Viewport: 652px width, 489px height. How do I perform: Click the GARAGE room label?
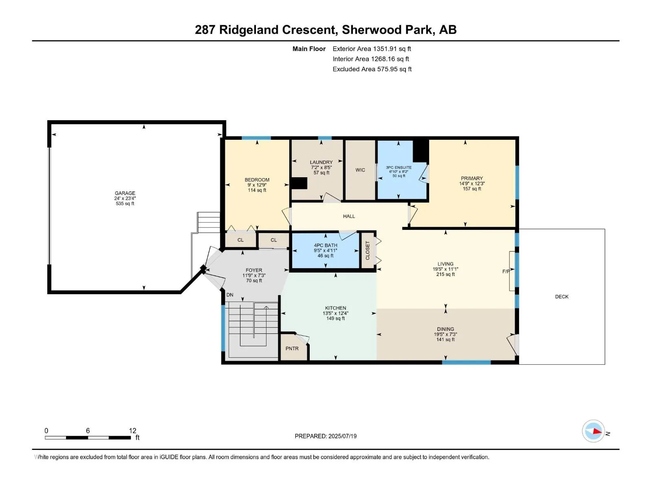click(x=125, y=193)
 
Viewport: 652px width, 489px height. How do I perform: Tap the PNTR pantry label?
click(x=292, y=348)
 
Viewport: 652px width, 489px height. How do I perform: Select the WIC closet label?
click(x=360, y=170)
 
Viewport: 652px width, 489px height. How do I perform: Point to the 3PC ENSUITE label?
click(x=399, y=167)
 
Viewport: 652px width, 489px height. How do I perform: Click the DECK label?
click(x=562, y=296)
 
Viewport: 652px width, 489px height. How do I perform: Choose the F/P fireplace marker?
click(x=506, y=271)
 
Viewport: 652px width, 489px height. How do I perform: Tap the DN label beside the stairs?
click(x=229, y=295)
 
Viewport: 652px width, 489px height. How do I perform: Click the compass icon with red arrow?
click(x=593, y=431)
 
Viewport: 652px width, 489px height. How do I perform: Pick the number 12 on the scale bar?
click(x=132, y=430)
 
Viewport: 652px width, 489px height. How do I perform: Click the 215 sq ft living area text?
click(x=445, y=274)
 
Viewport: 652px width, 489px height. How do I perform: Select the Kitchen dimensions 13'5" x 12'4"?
click(x=335, y=313)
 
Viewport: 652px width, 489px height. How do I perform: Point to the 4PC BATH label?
click(x=326, y=245)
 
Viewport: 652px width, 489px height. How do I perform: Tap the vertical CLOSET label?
click(x=368, y=250)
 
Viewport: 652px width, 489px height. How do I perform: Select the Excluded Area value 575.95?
click(x=388, y=69)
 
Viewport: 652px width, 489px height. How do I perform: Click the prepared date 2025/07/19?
click(x=342, y=436)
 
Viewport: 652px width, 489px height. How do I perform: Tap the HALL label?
click(x=349, y=216)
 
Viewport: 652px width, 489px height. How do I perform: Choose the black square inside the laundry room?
click(x=299, y=183)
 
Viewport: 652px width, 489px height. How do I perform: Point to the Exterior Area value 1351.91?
click(x=385, y=48)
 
